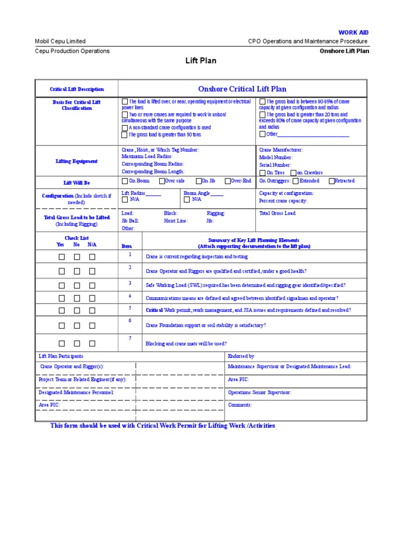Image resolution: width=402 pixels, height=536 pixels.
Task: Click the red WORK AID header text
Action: click(x=354, y=32)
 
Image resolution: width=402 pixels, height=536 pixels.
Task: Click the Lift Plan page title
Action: click(x=201, y=61)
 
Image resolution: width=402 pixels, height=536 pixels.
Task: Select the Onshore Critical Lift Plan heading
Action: click(x=242, y=89)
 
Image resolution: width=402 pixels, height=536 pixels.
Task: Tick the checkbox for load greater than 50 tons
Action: click(x=125, y=135)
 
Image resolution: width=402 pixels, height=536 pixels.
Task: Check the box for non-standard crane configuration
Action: click(x=125, y=127)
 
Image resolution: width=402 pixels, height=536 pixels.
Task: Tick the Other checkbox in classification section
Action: click(x=262, y=134)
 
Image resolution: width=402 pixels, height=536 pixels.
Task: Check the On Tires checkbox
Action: click(x=262, y=173)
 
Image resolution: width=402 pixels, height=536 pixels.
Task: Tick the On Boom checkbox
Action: click(x=125, y=181)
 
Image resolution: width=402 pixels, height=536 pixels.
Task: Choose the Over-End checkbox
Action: click(x=228, y=181)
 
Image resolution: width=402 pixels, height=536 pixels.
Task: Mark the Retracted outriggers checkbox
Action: click(x=331, y=181)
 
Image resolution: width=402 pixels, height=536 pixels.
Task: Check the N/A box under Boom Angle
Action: click(x=187, y=199)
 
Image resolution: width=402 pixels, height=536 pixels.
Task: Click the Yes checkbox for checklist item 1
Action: click(x=62, y=257)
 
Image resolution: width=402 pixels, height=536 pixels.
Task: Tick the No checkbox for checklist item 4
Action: click(x=77, y=298)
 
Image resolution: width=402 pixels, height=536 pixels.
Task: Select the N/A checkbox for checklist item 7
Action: click(x=92, y=343)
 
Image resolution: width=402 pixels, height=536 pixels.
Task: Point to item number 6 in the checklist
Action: click(x=130, y=320)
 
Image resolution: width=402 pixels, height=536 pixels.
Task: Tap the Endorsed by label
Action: click(x=241, y=356)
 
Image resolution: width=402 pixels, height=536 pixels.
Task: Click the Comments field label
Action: click(x=240, y=405)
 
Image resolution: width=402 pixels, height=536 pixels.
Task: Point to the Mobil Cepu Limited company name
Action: click(x=60, y=41)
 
